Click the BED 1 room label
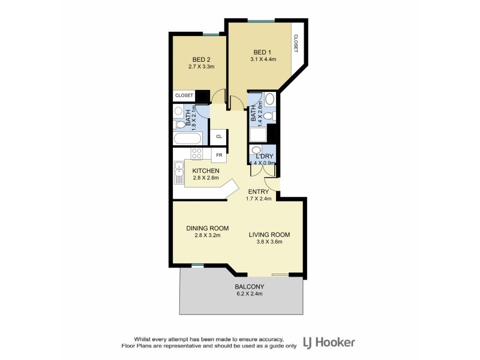tap(261, 51)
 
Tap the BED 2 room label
tap(201, 59)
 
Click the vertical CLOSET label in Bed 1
tap(296, 44)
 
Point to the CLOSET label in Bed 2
tap(184, 95)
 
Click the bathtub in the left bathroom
tap(187, 139)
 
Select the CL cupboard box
tap(219, 136)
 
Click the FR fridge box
tap(219, 155)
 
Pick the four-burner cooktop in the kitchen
tap(197, 153)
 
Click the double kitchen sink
tap(179, 174)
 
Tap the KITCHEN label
tap(206, 171)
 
